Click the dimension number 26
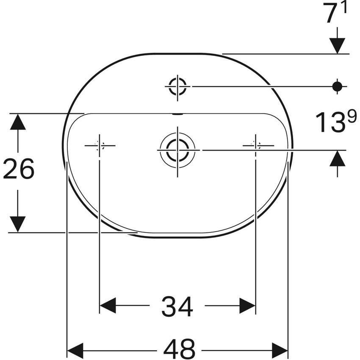click(x=19, y=169)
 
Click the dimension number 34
click(x=177, y=306)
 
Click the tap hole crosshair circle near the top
click(x=177, y=86)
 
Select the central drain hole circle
click(x=177, y=150)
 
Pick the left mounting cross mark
click(x=100, y=146)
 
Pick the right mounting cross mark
click(x=256, y=145)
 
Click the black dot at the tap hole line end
click(x=337, y=86)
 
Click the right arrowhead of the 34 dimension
click(x=247, y=306)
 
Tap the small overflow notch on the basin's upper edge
click(x=178, y=114)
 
